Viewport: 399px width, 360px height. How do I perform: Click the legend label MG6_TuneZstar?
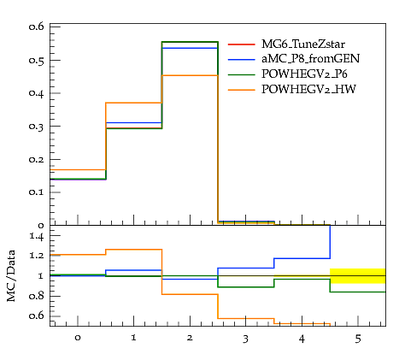[x=303, y=44]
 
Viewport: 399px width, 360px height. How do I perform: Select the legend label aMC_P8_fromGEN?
[x=311, y=59]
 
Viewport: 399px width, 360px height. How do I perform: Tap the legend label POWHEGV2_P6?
[x=304, y=74]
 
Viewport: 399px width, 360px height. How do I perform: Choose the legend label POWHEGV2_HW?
[x=308, y=90]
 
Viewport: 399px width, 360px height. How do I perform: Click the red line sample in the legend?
[x=241, y=44]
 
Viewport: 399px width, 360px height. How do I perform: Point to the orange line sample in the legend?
[x=241, y=90]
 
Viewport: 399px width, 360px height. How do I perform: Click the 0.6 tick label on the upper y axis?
[x=37, y=27]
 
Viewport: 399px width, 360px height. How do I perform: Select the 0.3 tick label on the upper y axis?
[x=37, y=127]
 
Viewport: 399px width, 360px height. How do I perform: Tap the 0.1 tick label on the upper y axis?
[x=37, y=192]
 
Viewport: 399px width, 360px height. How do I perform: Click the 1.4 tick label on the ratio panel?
[x=37, y=236]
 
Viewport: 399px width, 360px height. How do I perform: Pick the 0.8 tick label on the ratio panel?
[x=37, y=296]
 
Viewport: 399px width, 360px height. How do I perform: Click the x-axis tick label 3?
[x=245, y=339]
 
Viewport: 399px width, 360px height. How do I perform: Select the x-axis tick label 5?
[x=358, y=339]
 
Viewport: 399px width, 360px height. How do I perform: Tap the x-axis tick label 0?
[x=78, y=338]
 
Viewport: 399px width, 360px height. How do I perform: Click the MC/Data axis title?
[x=11, y=275]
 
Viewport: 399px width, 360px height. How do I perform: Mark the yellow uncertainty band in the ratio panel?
[x=358, y=276]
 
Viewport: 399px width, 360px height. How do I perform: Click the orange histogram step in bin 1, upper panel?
[x=133, y=103]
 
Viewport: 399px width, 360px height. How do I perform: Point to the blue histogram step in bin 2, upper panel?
[x=190, y=48]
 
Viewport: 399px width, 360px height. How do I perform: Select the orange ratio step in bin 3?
[x=246, y=318]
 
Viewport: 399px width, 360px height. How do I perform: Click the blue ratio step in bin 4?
[x=302, y=258]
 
